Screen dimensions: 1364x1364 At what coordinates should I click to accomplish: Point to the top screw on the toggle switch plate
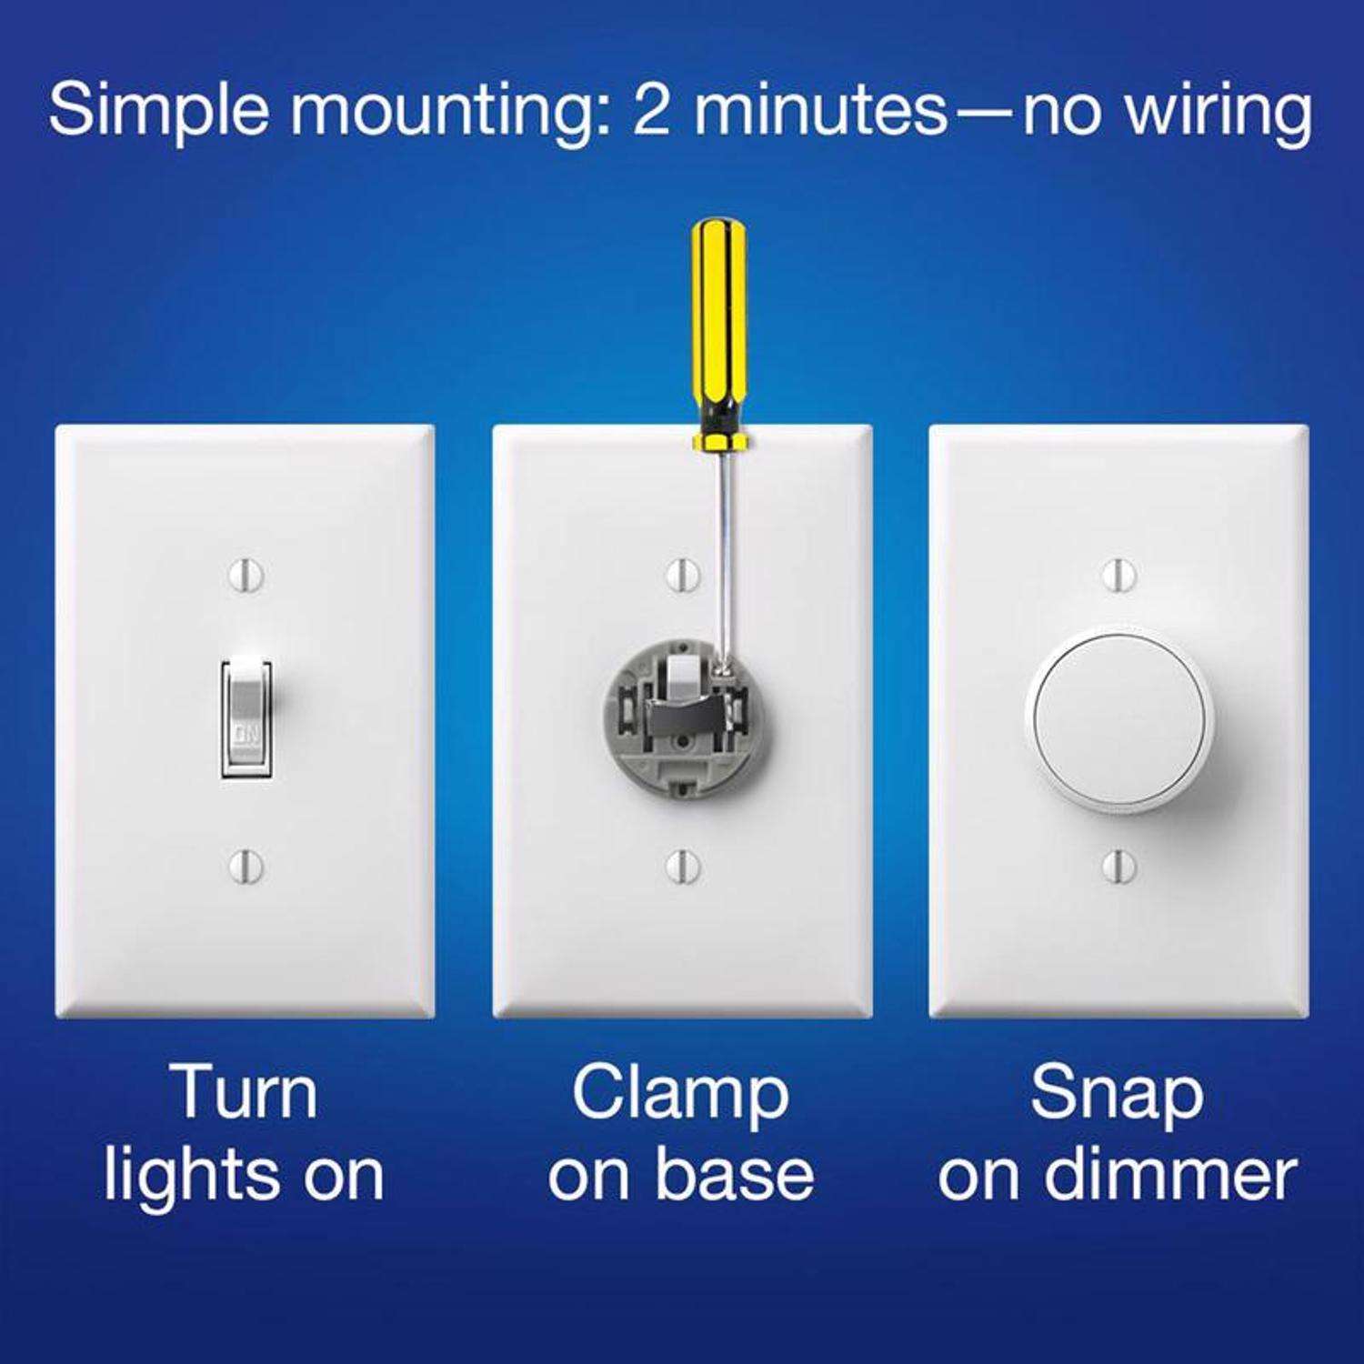[x=246, y=575]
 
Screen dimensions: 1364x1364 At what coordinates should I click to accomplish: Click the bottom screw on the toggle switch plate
[x=246, y=865]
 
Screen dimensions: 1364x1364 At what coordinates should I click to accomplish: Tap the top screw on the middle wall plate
[x=682, y=575]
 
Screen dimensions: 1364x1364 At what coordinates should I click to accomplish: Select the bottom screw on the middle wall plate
[x=682, y=865]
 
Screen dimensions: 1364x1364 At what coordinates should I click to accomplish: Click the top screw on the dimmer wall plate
[x=1118, y=575]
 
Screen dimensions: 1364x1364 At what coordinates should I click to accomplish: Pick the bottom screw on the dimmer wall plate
[x=1118, y=865]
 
